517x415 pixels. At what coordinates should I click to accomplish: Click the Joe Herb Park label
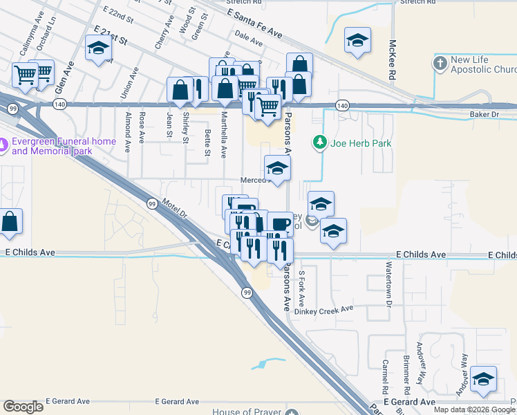361,143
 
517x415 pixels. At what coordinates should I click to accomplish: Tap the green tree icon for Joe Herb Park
319,142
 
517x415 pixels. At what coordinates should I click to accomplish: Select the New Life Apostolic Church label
483,64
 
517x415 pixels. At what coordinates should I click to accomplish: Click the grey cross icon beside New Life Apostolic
440,64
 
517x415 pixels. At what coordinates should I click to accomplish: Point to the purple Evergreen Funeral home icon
3,145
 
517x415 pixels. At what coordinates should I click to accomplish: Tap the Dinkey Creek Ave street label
323,308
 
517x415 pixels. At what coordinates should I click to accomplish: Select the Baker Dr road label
484,113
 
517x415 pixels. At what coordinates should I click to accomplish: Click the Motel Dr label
175,208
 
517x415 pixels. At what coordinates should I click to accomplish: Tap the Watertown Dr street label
389,290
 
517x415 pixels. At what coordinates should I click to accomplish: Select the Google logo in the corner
23,406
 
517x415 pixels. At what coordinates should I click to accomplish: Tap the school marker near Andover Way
484,380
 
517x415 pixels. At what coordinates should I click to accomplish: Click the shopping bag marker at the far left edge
10,222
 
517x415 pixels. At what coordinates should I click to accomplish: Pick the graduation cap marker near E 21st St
98,48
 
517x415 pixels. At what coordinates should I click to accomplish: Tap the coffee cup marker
280,224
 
